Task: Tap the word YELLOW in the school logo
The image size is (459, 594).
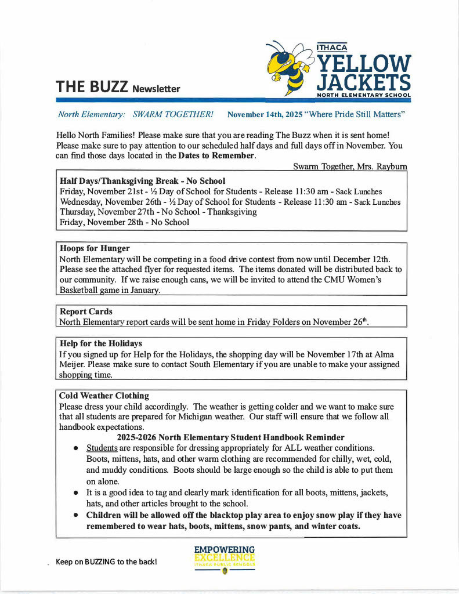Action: pyautogui.click(x=364, y=63)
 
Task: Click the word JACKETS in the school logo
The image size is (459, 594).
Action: pyautogui.click(x=364, y=82)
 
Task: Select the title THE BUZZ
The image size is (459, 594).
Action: pyautogui.click(x=92, y=87)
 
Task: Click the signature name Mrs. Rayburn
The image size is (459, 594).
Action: pyautogui.click(x=383, y=166)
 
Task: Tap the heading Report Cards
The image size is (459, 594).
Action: pyautogui.click(x=86, y=312)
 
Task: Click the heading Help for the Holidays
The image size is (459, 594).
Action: pyautogui.click(x=100, y=343)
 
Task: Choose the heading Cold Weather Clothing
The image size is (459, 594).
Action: pyautogui.click(x=104, y=396)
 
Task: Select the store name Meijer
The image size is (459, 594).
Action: pyautogui.click(x=73, y=364)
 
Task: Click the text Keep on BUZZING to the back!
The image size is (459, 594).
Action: pyautogui.click(x=106, y=562)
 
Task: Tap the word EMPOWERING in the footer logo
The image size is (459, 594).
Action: pyautogui.click(x=225, y=549)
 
